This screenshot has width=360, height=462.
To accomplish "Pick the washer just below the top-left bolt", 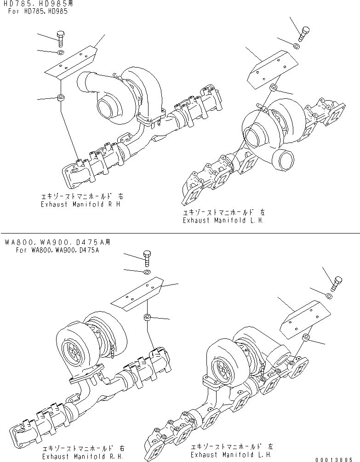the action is (x=61, y=52).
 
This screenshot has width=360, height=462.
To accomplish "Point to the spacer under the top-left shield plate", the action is (x=60, y=97).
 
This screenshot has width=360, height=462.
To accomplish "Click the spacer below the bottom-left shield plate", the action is (x=147, y=317).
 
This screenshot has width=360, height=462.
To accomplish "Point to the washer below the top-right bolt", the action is (x=296, y=45).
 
